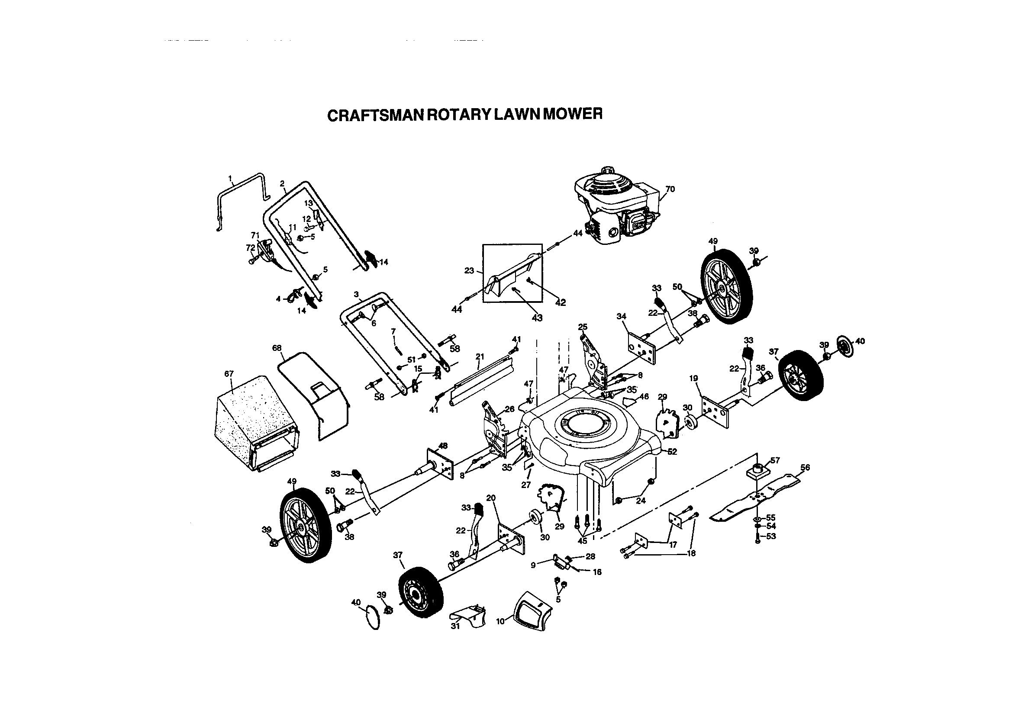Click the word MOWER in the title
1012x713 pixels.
(x=572, y=114)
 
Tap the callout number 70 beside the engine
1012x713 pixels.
(x=670, y=189)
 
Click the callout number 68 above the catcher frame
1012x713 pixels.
(x=277, y=348)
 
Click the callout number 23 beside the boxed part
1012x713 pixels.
(x=469, y=270)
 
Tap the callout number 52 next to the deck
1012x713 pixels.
(x=672, y=452)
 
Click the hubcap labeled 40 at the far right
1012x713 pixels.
(x=844, y=345)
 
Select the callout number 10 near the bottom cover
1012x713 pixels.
(x=500, y=621)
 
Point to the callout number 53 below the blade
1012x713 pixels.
(x=771, y=536)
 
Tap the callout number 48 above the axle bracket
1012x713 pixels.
(x=443, y=446)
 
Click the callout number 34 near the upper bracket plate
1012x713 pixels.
(x=622, y=316)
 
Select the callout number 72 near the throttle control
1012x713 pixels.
(x=250, y=248)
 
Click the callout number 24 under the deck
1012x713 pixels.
(x=641, y=501)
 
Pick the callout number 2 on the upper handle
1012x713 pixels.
(x=282, y=184)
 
